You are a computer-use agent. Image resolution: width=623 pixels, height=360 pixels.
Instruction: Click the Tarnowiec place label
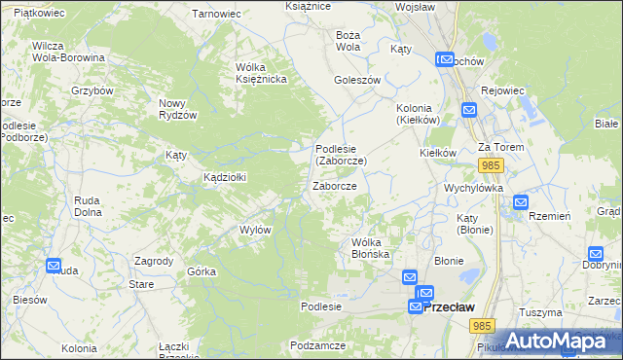click(216, 15)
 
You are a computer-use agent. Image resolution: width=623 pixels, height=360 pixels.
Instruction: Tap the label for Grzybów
click(92, 90)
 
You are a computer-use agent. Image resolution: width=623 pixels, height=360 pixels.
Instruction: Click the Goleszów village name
click(356, 81)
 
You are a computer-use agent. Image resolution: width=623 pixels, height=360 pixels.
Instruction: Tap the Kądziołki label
click(225, 177)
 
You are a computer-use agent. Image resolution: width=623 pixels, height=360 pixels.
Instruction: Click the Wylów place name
click(255, 230)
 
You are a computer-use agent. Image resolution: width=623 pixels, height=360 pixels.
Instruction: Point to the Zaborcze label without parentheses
click(334, 186)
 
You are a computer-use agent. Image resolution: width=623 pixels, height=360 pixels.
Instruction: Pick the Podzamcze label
click(318, 345)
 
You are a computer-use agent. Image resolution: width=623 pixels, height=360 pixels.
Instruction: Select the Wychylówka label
click(472, 187)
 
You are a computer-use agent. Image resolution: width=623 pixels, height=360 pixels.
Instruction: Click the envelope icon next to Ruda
click(54, 266)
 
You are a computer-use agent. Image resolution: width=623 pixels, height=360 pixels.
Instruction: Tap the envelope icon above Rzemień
click(520, 202)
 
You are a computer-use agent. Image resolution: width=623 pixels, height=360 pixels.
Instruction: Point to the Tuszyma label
click(541, 312)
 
